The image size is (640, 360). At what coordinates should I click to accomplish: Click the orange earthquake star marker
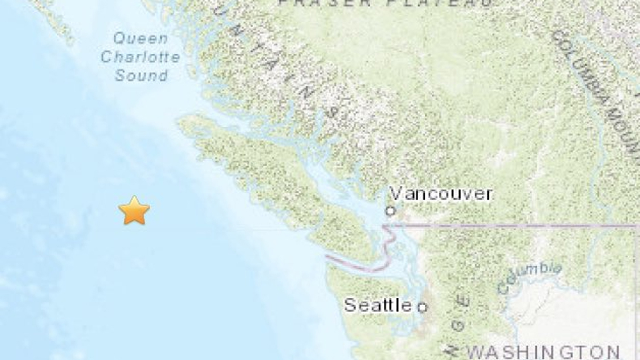point(134,211)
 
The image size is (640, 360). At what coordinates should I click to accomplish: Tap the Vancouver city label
point(440,194)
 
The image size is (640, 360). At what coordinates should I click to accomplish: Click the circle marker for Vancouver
point(390,212)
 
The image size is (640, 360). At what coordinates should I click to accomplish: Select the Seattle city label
point(378,305)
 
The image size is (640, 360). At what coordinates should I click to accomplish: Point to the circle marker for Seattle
point(422,307)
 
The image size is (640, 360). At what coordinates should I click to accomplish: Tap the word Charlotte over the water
point(140,57)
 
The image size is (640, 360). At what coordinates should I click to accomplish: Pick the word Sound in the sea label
point(141,75)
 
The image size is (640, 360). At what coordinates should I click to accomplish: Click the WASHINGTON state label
point(543,352)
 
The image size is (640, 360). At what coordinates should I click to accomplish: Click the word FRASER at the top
point(325,3)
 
